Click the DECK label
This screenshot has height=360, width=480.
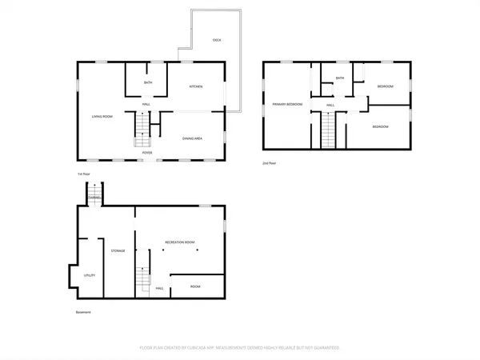coord(217,39)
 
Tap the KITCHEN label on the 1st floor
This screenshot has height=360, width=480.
coord(195,86)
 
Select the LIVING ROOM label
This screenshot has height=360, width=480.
coord(102,117)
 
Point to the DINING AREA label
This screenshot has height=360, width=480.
coord(192,138)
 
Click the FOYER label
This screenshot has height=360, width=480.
coord(148,152)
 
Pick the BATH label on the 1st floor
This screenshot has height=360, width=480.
coord(148,83)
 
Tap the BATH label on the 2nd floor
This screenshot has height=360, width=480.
coord(340,78)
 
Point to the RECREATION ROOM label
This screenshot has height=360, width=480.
coord(180,241)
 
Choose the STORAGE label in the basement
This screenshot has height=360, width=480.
coord(118,251)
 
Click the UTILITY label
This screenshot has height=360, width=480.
coord(90,275)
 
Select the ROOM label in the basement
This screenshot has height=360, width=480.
coord(195,286)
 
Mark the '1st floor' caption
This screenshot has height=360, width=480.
coord(84,173)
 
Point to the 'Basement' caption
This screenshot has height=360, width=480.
coord(84,312)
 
